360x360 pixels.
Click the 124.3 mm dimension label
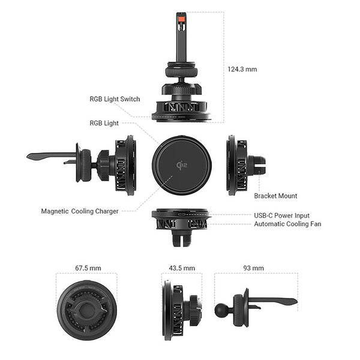[242, 70]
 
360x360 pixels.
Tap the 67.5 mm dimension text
[88, 268]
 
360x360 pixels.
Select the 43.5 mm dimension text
[182, 268]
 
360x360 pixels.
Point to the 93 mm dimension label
[253, 268]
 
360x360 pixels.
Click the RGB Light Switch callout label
[115, 99]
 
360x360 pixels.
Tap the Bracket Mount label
[275, 196]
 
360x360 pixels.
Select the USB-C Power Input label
[282, 215]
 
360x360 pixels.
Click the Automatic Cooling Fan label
[287, 224]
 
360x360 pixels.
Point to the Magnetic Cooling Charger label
[80, 211]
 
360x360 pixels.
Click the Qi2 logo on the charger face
[182, 165]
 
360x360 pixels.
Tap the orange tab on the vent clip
[181, 19]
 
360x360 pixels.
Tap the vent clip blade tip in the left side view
[28, 157]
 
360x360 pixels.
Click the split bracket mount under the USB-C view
[182, 238]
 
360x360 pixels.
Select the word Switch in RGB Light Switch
[130, 99]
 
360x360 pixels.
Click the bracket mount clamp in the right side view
[257, 164]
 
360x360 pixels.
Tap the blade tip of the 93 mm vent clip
[296, 301]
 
